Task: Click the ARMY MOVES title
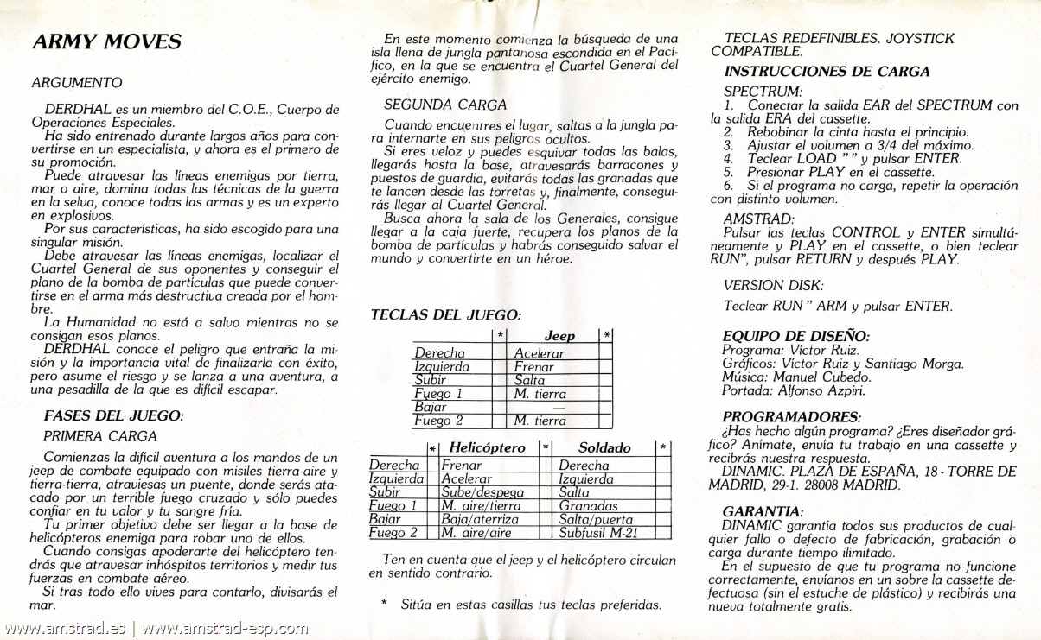coord(105,41)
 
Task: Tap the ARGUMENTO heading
coord(76,83)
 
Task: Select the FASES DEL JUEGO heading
coord(113,415)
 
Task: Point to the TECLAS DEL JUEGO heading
coord(445,315)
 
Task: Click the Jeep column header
coord(559,335)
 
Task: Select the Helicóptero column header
coord(487,447)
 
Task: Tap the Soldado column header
coord(604,447)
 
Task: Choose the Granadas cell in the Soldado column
coord(589,505)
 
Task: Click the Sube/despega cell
coord(476,492)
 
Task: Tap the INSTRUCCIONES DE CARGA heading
coord(827,72)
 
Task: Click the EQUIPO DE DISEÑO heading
coord(795,336)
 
